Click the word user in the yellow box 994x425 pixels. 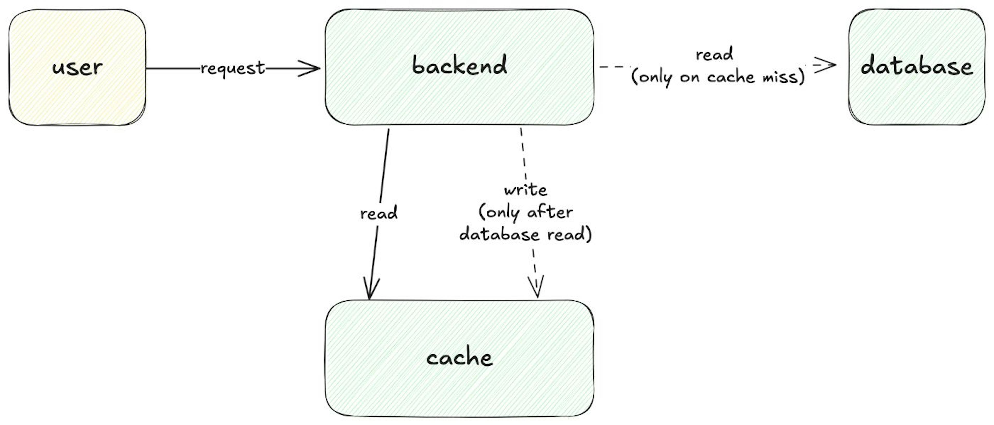click(77, 68)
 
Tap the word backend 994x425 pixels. click(459, 65)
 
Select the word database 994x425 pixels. click(916, 66)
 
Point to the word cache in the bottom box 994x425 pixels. click(459, 358)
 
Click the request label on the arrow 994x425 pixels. click(233, 69)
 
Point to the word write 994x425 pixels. click(525, 190)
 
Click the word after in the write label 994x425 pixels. click(550, 212)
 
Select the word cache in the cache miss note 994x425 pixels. click(730, 77)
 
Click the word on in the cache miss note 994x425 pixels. click(690, 78)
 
